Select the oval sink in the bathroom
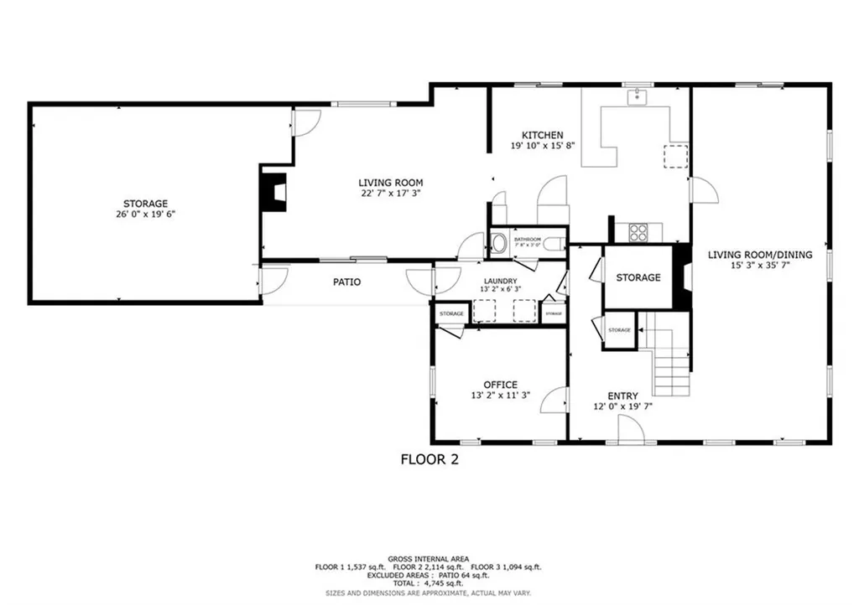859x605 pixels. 500,244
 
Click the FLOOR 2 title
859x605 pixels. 429,459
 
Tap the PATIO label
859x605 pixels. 346,282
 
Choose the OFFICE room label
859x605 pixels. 500,385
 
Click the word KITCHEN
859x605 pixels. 542,135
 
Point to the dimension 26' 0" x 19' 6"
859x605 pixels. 146,215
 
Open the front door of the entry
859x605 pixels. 630,431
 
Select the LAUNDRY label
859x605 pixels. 500,281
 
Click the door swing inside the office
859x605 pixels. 554,400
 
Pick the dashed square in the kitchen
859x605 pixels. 674,156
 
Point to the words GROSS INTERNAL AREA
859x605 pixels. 429,559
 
